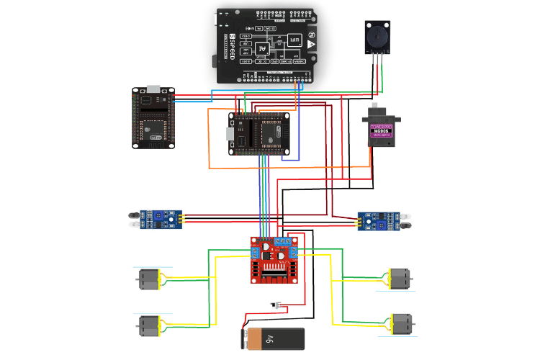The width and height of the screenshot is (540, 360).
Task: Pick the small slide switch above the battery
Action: coord(276,305)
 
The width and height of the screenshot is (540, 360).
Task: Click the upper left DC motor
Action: coord(148,279)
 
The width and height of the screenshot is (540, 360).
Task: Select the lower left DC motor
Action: coord(148,325)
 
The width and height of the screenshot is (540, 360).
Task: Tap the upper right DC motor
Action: coord(398,278)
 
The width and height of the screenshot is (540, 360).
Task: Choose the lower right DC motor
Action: coord(400,323)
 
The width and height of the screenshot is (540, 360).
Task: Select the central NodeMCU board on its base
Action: coord(264,134)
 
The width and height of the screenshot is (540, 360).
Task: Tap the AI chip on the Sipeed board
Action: coord(263,49)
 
